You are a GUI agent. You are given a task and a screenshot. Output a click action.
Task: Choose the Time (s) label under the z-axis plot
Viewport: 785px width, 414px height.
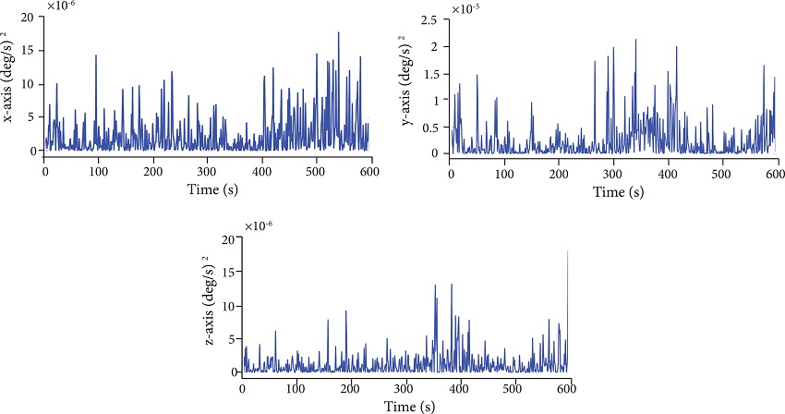click(x=405, y=406)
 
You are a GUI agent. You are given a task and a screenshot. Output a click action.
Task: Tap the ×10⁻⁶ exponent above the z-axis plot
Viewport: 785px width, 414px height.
click(x=260, y=226)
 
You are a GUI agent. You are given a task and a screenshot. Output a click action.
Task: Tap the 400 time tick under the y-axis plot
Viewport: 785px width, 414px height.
click(x=668, y=175)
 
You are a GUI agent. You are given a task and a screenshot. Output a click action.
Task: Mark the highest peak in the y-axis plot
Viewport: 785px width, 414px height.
click(x=635, y=40)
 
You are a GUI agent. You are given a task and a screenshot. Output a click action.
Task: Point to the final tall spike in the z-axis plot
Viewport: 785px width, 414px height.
click(x=567, y=251)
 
